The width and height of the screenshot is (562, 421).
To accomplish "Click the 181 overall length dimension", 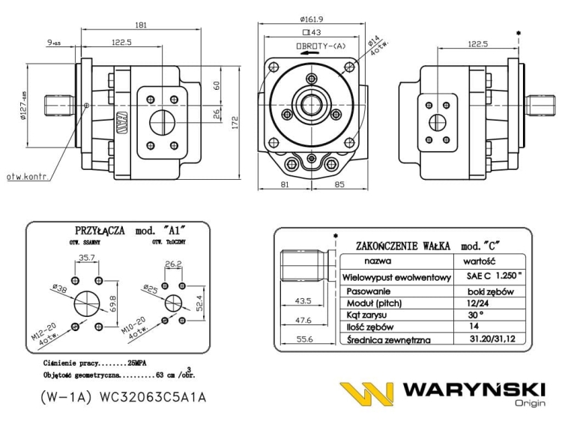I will point(140,25).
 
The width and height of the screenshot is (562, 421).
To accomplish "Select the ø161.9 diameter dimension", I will point(310,19).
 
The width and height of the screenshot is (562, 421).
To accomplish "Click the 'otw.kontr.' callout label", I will point(27,177).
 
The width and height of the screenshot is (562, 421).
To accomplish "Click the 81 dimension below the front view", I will point(285,184).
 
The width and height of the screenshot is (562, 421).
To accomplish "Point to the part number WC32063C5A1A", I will point(149,397).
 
